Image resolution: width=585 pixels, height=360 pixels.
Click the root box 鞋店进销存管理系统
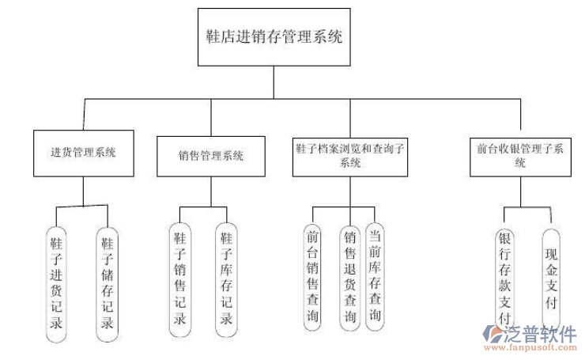point(274,37)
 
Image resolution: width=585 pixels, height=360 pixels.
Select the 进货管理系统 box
point(82,153)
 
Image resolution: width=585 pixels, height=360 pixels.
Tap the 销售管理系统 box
point(211,155)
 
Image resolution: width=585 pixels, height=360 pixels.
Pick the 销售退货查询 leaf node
point(350,275)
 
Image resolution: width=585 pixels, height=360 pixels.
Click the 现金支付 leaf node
point(552,279)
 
